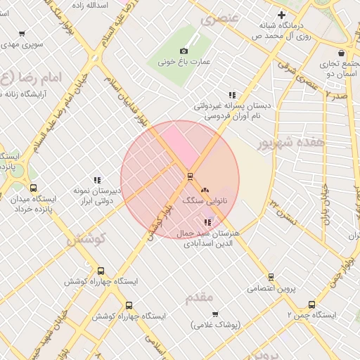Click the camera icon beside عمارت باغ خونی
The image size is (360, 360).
click(x=184, y=51)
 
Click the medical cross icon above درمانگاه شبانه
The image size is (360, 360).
click(x=282, y=15)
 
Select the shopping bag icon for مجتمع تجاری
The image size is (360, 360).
click(x=341, y=53)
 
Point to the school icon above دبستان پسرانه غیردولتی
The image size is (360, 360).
click(x=232, y=95)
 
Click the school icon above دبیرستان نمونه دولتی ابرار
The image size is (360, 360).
click(x=97, y=180)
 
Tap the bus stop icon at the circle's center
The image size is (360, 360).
click(x=189, y=176)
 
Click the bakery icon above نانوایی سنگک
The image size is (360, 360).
click(x=205, y=190)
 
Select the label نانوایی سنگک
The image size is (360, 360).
click(x=205, y=201)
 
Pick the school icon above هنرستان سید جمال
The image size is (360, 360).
click(x=206, y=222)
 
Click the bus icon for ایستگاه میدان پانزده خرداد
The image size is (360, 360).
click(x=33, y=188)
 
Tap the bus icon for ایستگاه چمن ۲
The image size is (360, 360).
click(x=311, y=304)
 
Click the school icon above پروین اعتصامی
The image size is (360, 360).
click(x=271, y=277)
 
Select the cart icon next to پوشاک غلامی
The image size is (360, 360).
click(x=215, y=314)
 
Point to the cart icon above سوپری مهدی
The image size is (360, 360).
click(x=22, y=33)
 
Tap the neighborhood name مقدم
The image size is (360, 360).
click(x=199, y=297)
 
